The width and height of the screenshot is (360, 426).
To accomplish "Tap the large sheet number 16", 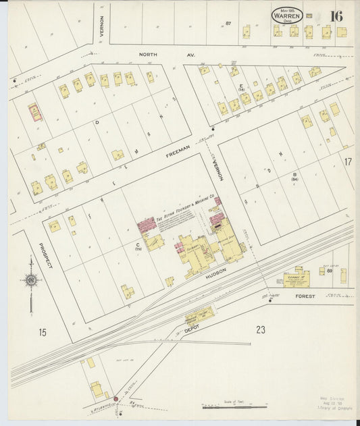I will coord(336,16).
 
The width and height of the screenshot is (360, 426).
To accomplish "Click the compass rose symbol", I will coord(30,280).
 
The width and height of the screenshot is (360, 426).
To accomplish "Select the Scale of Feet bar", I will coord(232,407).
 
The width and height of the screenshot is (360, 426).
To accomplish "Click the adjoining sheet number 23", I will coord(261,329).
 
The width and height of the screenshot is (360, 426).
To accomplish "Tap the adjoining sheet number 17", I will coord(347,162).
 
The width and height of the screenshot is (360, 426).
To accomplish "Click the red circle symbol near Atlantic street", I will coord(116,400).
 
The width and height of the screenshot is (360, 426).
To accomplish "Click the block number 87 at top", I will coord(228,24).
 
